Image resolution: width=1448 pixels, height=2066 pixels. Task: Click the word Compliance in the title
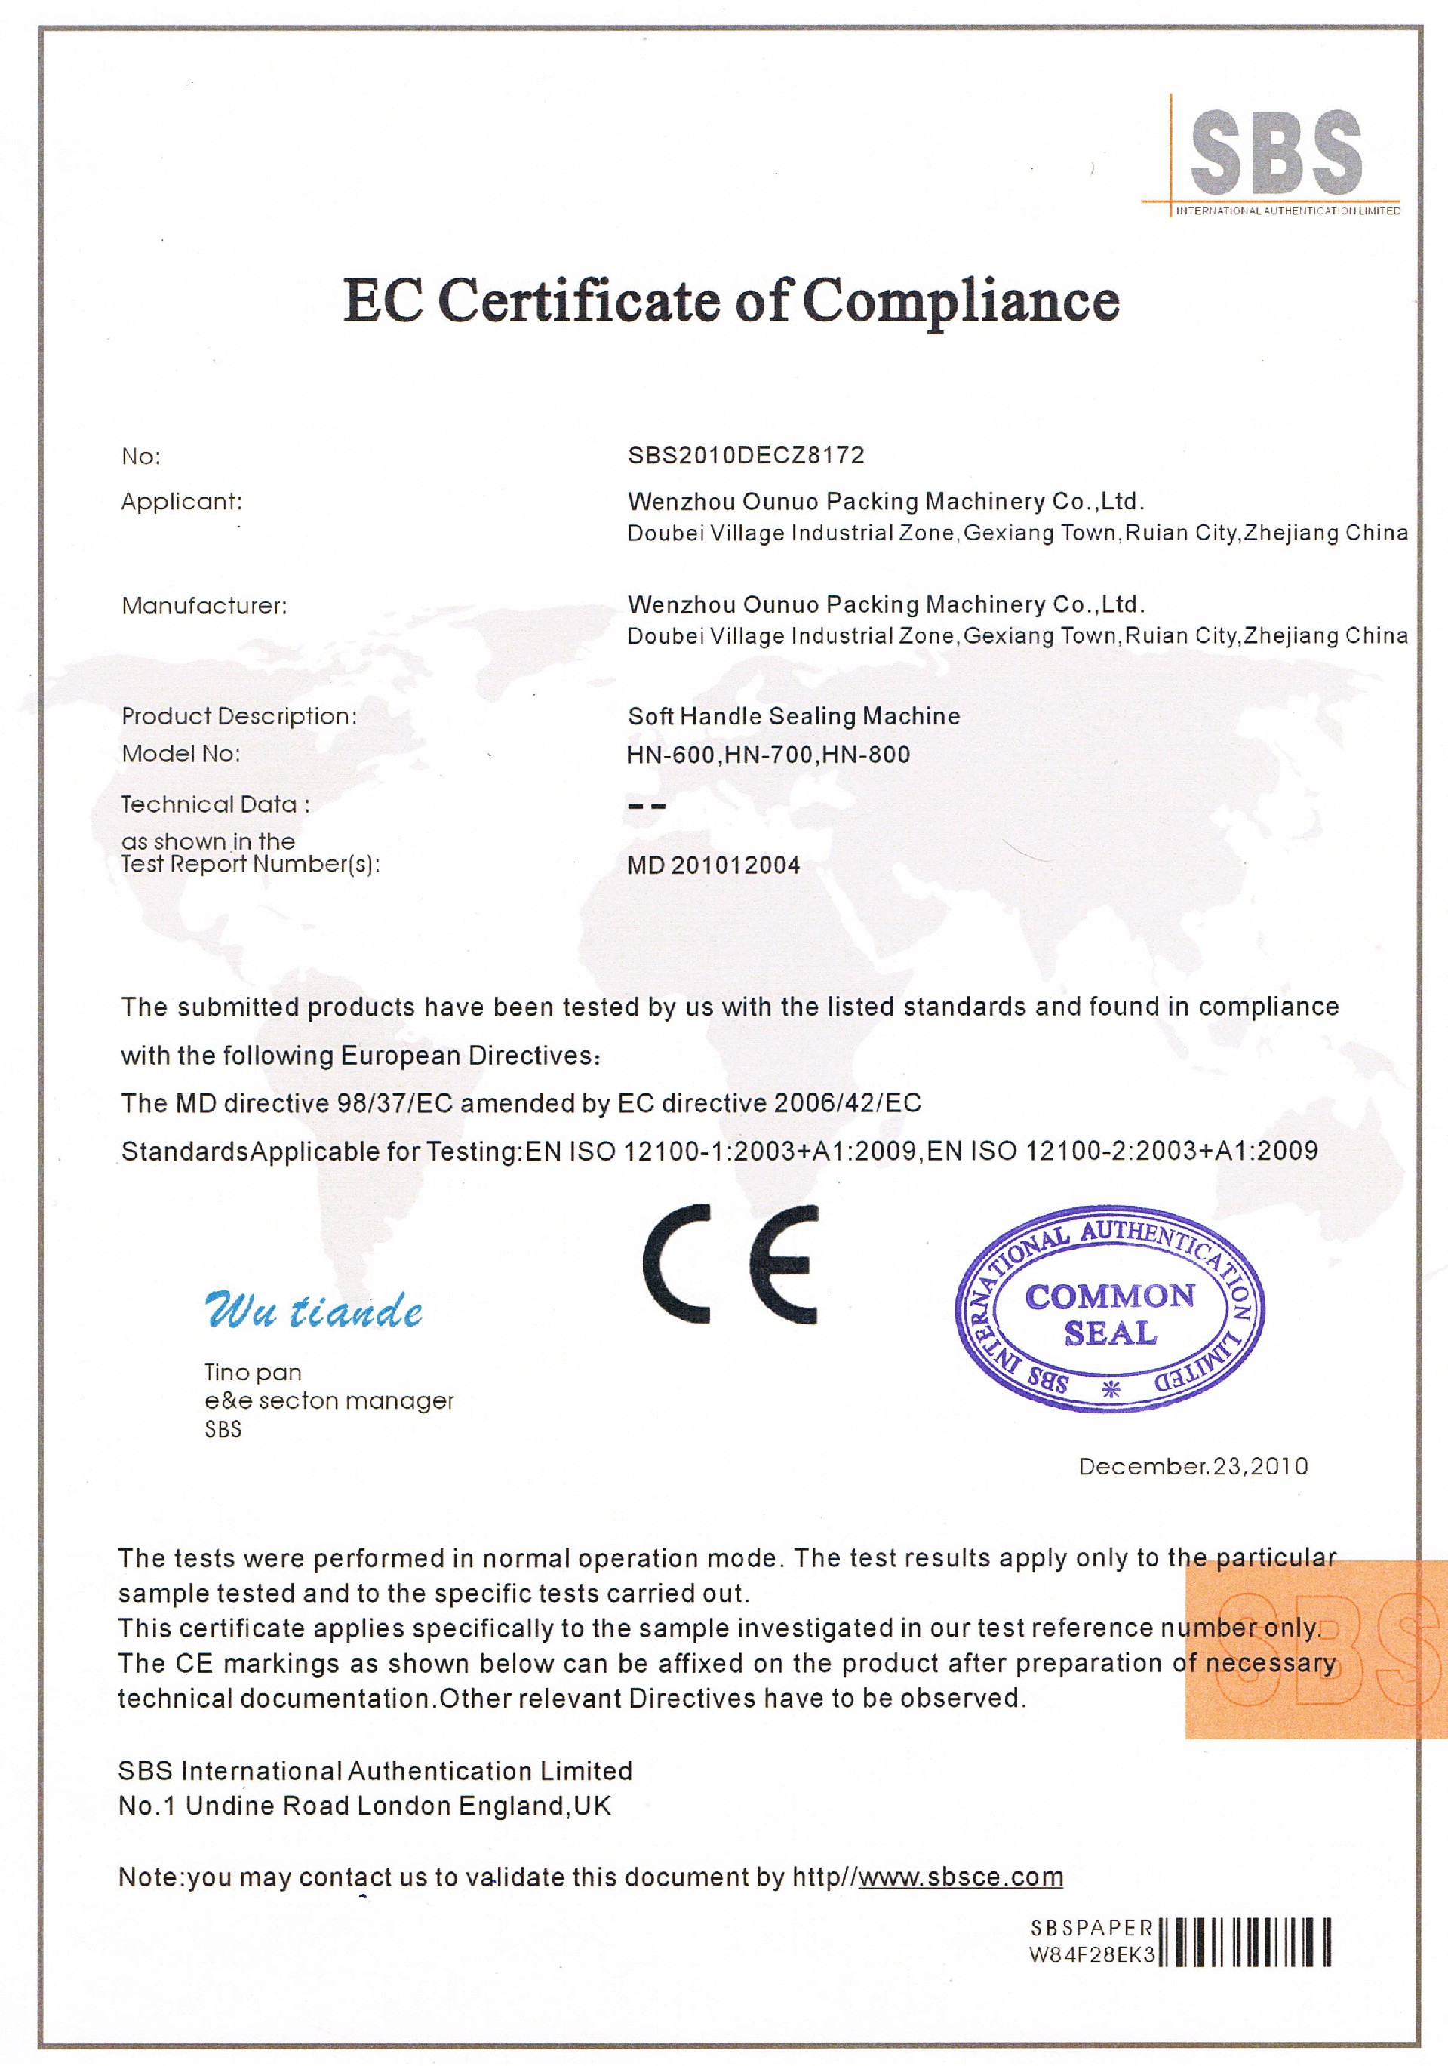tap(961, 300)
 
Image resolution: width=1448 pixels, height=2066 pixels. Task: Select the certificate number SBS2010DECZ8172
tap(746, 455)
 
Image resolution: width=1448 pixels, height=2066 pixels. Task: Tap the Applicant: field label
tap(182, 501)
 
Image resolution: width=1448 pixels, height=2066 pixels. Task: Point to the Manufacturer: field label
tap(204, 606)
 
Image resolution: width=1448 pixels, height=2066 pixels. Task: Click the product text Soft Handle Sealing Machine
tap(794, 716)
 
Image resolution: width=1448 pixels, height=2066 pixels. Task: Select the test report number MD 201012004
tap(713, 865)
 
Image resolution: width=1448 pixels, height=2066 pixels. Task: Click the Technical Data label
tap(215, 804)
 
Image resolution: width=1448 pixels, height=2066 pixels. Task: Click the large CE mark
tap(730, 1263)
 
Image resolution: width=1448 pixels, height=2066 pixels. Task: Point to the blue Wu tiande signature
tap(313, 1310)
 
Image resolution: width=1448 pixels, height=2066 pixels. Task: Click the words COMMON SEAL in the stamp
tap(1111, 1314)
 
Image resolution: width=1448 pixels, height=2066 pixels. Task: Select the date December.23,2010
tap(1193, 1467)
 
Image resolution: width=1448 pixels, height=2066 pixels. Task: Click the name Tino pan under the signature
tap(253, 1373)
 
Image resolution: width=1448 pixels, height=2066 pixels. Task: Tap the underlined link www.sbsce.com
tap(961, 1877)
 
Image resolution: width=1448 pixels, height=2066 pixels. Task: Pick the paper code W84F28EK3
tap(1092, 1954)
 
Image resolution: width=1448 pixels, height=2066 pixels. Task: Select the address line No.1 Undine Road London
tap(364, 1806)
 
